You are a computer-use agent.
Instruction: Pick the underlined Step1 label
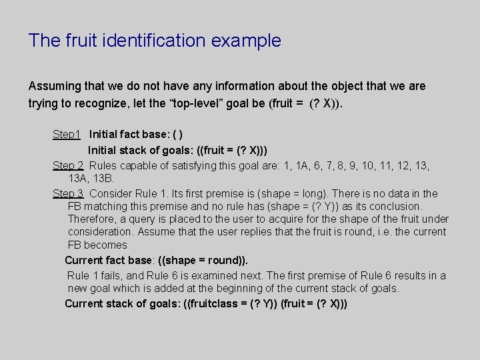(x=67, y=135)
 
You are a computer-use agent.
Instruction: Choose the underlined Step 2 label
(x=68, y=165)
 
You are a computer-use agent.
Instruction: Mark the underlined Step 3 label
(x=68, y=193)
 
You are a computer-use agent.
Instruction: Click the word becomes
(x=107, y=245)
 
